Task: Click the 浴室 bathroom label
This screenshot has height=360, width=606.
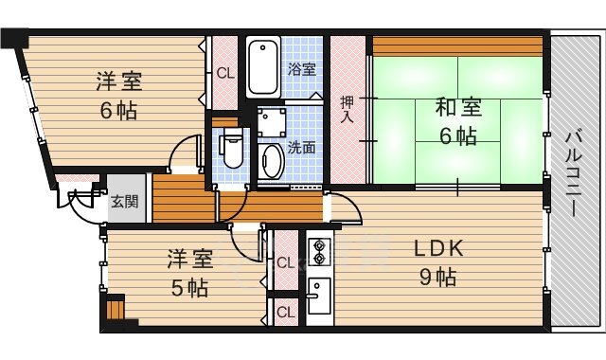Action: [x=303, y=68]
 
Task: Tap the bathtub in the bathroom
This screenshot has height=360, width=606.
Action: [x=263, y=67]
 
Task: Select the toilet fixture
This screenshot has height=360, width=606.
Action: [x=231, y=148]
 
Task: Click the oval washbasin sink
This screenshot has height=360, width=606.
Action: [x=272, y=161]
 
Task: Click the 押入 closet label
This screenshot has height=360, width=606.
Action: [x=347, y=109]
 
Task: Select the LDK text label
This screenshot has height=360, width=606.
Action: [x=437, y=250]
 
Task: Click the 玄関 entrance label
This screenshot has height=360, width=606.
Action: [x=124, y=201]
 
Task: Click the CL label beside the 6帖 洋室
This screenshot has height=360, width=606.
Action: [x=225, y=72]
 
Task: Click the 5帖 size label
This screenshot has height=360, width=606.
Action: [x=189, y=287]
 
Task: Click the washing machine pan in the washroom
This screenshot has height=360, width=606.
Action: [x=273, y=120]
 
